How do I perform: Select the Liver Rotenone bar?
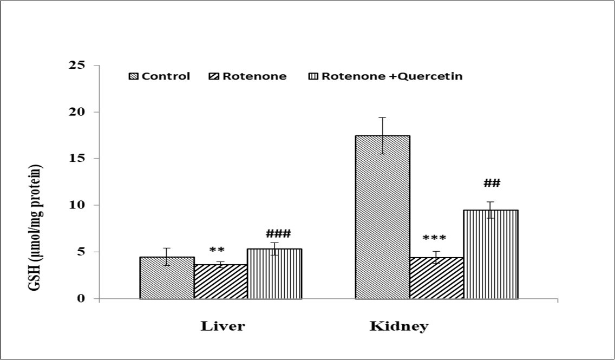tap(220, 282)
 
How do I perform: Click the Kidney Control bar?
tap(382, 217)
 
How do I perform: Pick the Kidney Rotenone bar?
tap(436, 278)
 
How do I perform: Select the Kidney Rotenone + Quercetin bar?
tap(490, 254)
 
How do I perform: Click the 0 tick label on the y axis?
tap(81, 299)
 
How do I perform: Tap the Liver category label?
tap(223, 326)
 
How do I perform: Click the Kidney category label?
tap(399, 326)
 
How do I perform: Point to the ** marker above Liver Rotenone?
tap(217, 251)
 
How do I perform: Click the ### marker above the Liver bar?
tap(278, 234)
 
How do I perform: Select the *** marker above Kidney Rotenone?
tap(434, 239)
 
